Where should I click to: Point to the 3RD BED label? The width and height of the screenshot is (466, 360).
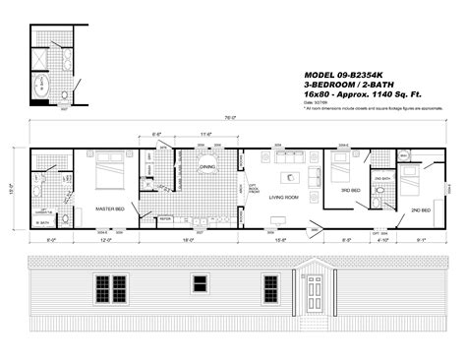(x=346, y=189)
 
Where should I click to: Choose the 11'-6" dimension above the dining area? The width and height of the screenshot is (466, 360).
(x=206, y=134)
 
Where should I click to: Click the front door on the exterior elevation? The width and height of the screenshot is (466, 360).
(x=314, y=291)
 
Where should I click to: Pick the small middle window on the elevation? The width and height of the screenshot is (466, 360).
(x=201, y=284)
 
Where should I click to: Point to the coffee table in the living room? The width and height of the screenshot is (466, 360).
(x=289, y=178)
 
